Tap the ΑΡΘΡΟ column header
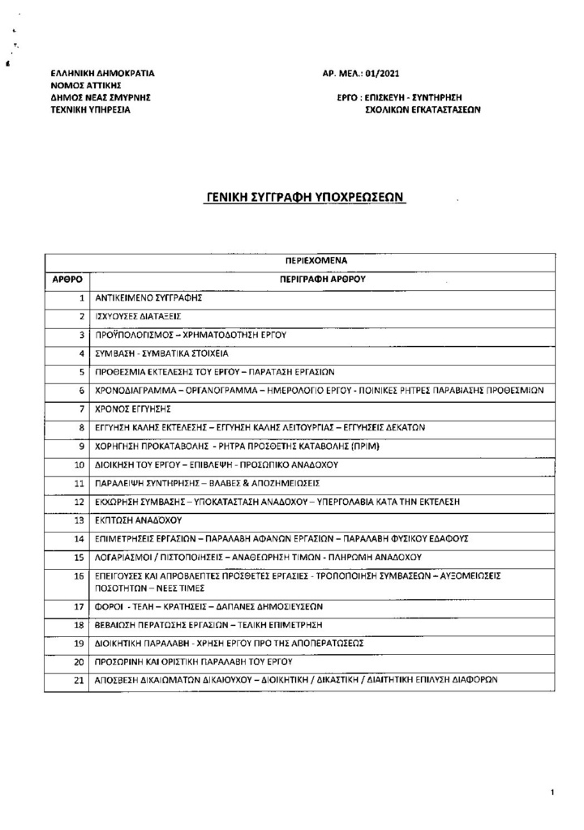[67, 278]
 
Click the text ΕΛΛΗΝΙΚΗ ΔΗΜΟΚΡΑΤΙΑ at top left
[101, 73]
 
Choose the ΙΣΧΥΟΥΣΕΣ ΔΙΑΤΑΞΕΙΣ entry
[137, 315]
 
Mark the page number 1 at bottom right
[552, 790]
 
